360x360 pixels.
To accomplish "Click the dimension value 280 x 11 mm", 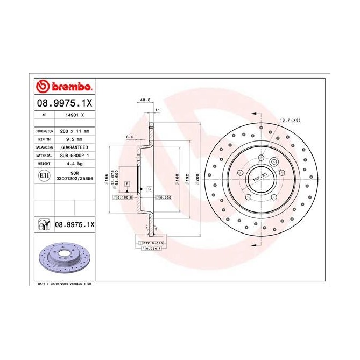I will pyautogui.click(x=74, y=131).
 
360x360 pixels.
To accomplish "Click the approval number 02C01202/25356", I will pyautogui.click(x=74, y=178).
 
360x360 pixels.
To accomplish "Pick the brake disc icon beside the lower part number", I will pyautogui.click(x=43, y=223).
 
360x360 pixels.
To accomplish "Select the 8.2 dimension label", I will pyautogui.click(x=129, y=137).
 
